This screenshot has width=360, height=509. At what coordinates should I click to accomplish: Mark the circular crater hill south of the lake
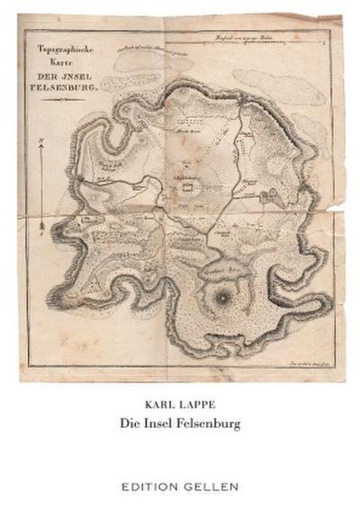[x=219, y=297]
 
